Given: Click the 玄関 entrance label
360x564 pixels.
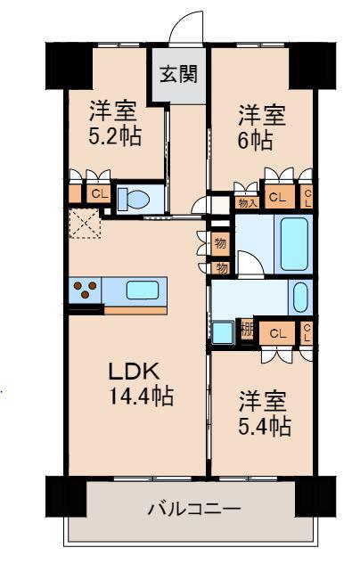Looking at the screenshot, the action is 179,74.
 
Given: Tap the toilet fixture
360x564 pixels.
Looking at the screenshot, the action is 134,199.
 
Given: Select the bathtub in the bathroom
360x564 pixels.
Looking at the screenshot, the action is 294,244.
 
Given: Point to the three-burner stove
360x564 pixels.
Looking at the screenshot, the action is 85,290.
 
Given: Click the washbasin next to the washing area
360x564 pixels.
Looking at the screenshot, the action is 300,297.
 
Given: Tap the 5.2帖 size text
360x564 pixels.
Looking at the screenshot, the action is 115,136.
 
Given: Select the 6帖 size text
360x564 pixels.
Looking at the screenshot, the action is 255,140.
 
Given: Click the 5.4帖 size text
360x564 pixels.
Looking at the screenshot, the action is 265,426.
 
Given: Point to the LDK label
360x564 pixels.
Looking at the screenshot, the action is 135,372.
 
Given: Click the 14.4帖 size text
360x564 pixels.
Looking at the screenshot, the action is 142,396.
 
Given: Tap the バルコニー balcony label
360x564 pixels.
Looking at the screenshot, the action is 194,509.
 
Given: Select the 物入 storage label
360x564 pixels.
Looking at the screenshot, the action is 248,203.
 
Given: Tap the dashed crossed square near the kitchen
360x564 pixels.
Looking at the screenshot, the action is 85,224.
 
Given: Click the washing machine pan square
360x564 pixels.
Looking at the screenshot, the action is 223,331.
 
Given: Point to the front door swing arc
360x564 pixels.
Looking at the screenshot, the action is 184,20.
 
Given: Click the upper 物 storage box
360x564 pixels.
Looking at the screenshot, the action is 220,244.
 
